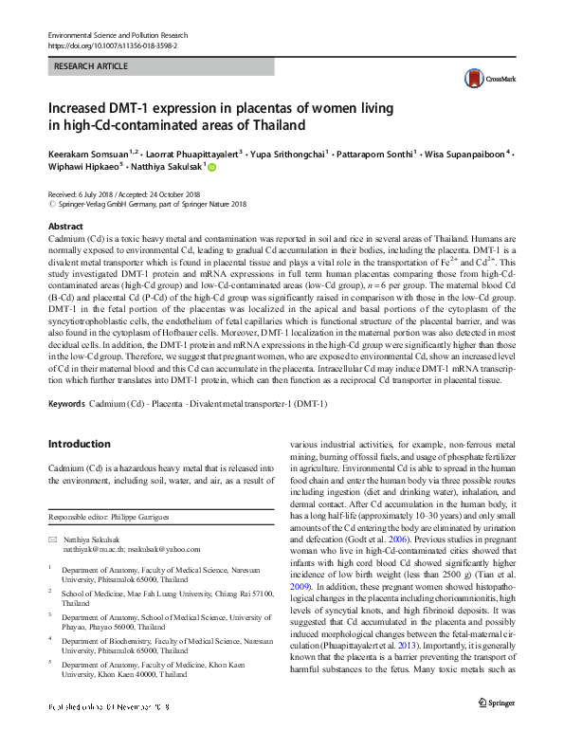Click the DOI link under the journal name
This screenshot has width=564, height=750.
pos(112,45)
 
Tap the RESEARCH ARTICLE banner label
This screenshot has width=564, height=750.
pos(91,66)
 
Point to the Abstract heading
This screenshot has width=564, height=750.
pos(65,228)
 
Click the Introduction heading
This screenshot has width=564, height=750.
pos(79,443)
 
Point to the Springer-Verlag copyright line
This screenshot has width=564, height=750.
pos(143,203)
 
